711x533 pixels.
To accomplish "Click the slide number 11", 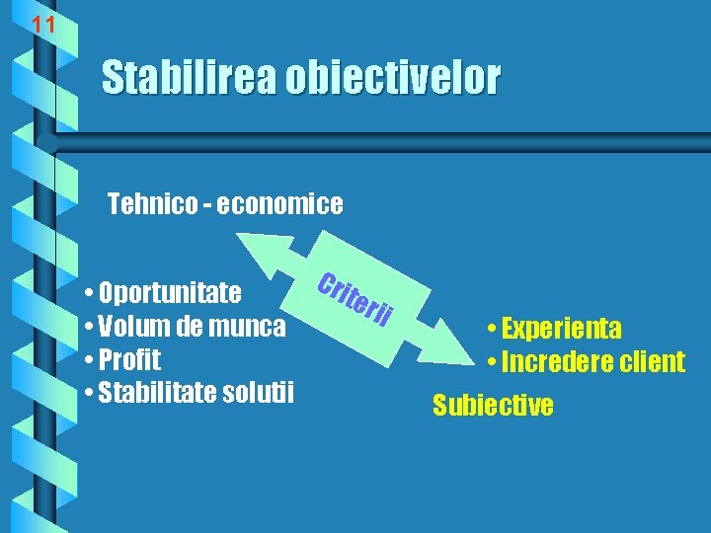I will [x=42, y=25].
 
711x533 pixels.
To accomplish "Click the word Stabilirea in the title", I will [x=189, y=77].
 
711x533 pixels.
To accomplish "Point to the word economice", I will [x=280, y=204].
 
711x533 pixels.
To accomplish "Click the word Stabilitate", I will [x=158, y=392].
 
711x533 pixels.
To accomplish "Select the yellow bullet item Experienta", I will [x=560, y=329].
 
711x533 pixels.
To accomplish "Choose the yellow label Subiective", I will [x=493, y=405].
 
